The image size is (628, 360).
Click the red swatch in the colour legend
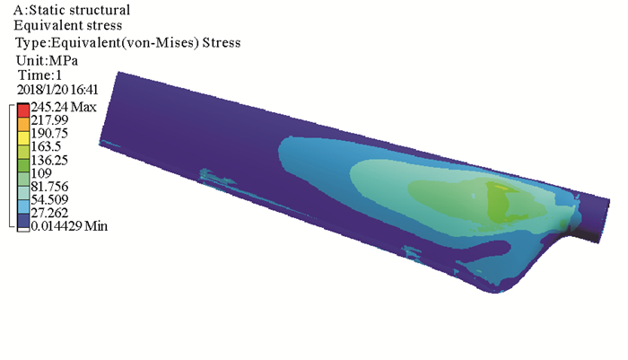[x=23, y=110]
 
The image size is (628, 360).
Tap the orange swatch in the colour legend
[x=23, y=124]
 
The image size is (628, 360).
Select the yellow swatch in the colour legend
[x=23, y=137]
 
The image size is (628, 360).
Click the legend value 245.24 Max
[x=64, y=107]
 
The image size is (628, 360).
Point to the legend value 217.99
[x=49, y=120]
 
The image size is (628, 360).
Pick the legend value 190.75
[x=49, y=133]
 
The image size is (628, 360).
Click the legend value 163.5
[x=46, y=146]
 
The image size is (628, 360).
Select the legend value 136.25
[x=49, y=160]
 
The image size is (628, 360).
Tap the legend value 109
[x=41, y=173]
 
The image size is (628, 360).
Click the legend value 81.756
[x=49, y=187]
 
